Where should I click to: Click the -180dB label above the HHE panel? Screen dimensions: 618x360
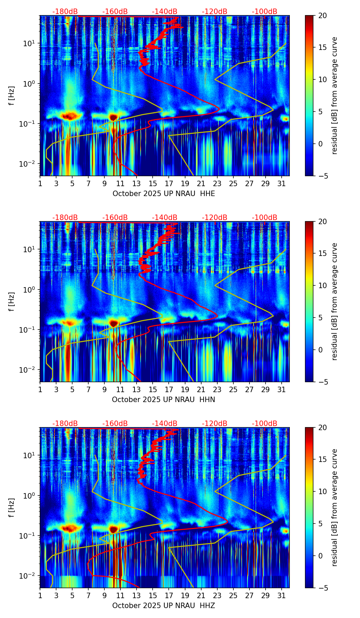65,12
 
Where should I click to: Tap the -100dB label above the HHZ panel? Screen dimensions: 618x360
265,424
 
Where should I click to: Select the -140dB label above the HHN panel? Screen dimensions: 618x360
165,218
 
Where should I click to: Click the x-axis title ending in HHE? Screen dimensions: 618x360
164,194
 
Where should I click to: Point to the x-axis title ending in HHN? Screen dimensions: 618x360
164,400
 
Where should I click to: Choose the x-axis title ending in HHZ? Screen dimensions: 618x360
164,606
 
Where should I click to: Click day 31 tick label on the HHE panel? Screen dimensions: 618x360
282,183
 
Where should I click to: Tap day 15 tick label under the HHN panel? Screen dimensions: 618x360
153,389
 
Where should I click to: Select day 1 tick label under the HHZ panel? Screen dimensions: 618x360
40,595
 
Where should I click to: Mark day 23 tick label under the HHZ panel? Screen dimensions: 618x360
217,595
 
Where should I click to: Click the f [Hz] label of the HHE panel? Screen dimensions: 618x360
12,96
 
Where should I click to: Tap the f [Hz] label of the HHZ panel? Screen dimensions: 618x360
12,508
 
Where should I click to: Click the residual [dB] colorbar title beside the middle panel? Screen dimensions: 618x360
335,301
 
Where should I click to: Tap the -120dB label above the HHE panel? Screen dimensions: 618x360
215,12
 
